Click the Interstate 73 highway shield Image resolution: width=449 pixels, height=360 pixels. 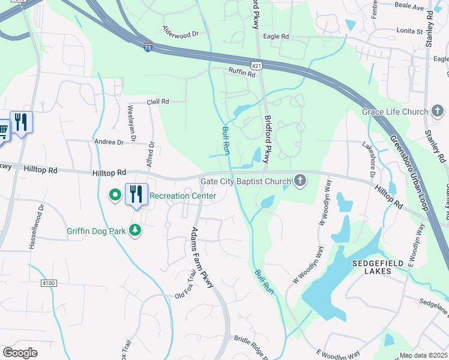(148, 47)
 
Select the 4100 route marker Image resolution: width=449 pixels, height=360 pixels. (49, 282)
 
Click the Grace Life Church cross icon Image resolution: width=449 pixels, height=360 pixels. (438, 112)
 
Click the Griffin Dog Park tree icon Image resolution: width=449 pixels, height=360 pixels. (136, 230)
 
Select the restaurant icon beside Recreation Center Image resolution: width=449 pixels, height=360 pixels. (136, 194)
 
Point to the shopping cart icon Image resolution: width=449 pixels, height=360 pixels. (2, 130)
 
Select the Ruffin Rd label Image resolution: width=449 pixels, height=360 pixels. (242, 73)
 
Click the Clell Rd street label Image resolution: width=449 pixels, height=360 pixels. (157, 102)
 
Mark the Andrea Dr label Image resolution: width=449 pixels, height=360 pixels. (109, 142)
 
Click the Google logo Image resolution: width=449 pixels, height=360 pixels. (20, 353)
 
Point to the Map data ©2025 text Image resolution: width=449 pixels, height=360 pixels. (424, 355)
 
